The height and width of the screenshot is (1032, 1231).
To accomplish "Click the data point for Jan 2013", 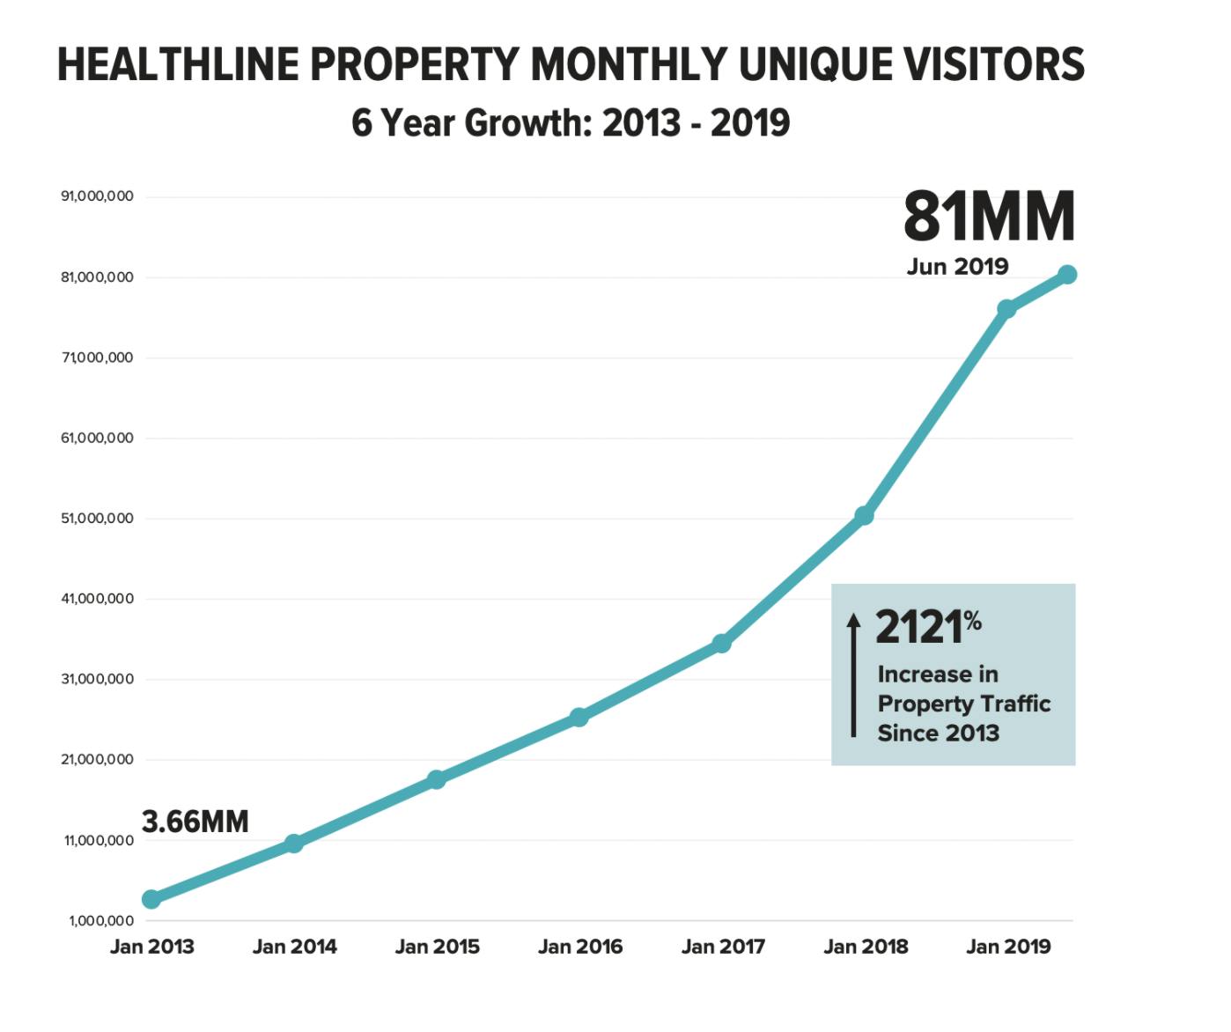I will [151, 899].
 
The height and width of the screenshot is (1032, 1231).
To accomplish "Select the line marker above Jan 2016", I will [579, 717].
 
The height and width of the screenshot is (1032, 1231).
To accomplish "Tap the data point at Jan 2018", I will [864, 515].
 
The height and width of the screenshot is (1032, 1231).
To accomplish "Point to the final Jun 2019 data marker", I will [1067, 275].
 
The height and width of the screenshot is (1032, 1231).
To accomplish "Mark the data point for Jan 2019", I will [1006, 309].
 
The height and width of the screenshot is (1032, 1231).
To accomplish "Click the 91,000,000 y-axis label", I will [97, 196].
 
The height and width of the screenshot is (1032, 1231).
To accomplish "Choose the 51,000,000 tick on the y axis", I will [97, 519].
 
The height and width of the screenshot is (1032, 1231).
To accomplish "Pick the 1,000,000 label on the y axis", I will [101, 921].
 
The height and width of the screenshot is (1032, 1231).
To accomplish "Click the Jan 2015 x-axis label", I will [437, 947].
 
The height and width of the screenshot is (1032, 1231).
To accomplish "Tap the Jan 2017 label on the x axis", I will [723, 947].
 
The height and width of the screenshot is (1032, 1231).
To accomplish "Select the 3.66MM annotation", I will [195, 822].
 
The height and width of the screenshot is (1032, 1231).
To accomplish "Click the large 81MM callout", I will [989, 217].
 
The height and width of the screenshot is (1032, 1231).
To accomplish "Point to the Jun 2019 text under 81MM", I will [957, 267].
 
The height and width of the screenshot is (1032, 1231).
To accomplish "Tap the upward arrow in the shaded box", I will [853, 674].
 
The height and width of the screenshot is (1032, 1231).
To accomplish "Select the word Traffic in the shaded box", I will [1016, 704].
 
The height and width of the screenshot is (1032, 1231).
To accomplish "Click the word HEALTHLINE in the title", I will [178, 64].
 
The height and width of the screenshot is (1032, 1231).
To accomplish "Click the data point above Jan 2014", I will [294, 844].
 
